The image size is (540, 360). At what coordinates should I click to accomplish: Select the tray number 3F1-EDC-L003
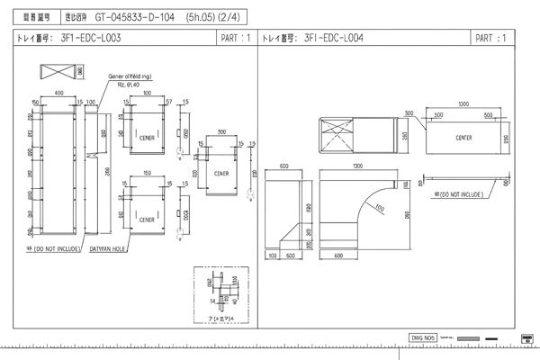tap(90, 39)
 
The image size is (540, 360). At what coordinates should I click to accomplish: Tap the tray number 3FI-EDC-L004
tap(334, 39)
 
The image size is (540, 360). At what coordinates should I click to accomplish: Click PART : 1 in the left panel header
tap(235, 39)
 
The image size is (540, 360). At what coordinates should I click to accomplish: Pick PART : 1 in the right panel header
tap(490, 39)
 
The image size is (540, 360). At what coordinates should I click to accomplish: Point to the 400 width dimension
tap(59, 93)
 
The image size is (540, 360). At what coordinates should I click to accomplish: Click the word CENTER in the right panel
tap(464, 139)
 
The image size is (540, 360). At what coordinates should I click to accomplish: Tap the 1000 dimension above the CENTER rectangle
tap(463, 105)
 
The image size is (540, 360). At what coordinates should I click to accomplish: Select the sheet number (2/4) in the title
tap(233, 16)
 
